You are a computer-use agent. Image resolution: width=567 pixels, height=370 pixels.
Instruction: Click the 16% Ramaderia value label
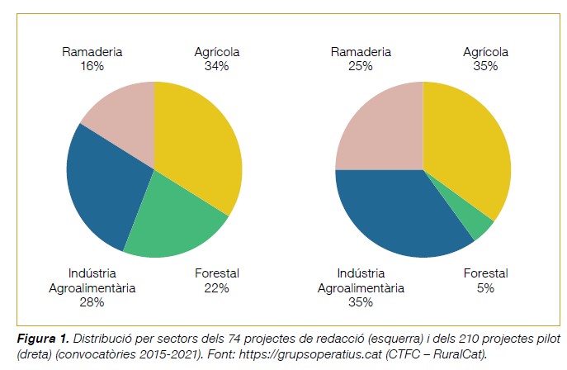[92, 66]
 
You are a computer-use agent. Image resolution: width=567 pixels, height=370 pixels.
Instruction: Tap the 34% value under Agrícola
[217, 66]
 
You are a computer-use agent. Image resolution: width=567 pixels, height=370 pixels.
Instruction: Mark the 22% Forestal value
[216, 287]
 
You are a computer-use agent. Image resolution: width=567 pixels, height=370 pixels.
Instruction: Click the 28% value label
[92, 302]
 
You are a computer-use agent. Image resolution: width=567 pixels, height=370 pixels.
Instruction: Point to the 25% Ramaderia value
[361, 66]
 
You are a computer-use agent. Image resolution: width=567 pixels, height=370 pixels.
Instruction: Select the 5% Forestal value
[485, 287]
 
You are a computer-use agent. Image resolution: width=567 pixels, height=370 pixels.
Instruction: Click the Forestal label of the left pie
[216, 273]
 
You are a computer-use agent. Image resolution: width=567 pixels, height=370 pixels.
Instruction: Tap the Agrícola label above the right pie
[485, 52]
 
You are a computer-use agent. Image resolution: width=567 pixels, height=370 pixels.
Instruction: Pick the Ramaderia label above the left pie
[92, 52]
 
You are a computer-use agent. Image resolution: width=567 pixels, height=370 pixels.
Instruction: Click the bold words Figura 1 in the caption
[42, 339]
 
